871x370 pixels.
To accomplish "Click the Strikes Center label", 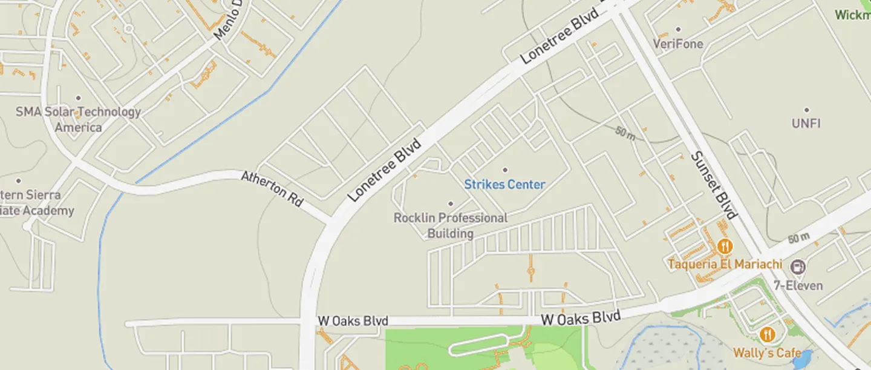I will tap(504, 185).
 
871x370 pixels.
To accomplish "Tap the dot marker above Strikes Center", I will tap(506, 170).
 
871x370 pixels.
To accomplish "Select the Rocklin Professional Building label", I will tap(451, 225).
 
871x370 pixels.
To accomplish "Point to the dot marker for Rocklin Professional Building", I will tap(450, 203).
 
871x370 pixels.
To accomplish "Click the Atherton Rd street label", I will tap(272, 189).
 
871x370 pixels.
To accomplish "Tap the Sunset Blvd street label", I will tap(714, 185).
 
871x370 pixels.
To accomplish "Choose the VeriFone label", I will tap(678, 44).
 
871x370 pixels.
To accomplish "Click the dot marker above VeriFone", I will tap(678, 29).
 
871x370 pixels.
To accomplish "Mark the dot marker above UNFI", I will tap(806, 110).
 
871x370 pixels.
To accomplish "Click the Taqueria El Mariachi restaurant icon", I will tap(725, 246).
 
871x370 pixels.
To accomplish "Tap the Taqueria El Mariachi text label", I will tap(725, 265).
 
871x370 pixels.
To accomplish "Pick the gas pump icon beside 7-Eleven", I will tap(798, 266).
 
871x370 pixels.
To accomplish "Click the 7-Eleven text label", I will tap(802, 285).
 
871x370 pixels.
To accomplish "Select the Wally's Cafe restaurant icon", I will tap(767, 334).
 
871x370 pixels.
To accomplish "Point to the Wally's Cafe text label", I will tap(767, 352).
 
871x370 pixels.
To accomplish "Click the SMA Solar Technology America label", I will tap(78, 119).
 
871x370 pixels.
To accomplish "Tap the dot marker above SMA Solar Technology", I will tap(78, 97).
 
